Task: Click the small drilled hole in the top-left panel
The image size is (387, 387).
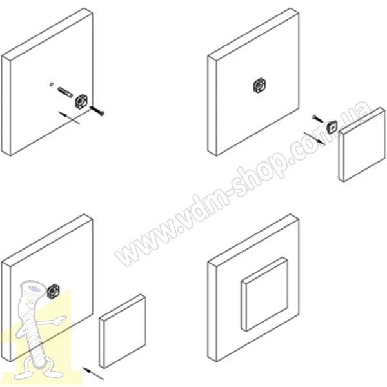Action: click(51, 84)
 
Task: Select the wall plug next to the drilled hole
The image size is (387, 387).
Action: click(65, 92)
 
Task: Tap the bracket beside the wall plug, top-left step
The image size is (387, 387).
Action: click(81, 102)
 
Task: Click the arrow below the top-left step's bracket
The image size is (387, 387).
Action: click(70, 117)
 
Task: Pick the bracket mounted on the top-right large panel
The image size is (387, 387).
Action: click(260, 86)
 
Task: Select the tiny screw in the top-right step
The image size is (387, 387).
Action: click(318, 119)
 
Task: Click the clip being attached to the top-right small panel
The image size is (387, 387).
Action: click(332, 126)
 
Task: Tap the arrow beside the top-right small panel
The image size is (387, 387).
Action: click(315, 138)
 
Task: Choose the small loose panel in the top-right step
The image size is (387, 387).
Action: click(362, 144)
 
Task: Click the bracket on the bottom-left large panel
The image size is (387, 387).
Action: click(54, 291)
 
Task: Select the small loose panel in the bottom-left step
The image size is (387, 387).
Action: click(123, 332)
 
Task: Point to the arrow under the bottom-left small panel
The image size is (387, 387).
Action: click(93, 373)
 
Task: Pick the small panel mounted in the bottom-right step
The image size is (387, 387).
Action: click(264, 293)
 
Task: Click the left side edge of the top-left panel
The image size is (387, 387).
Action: click(6, 106)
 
